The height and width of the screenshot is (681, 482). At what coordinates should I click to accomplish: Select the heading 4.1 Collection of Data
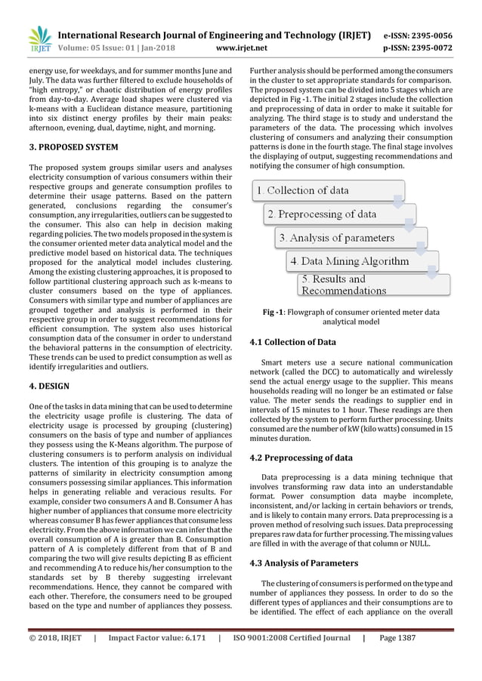[292, 342]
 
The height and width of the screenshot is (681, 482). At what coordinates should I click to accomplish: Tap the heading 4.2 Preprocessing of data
[301, 458]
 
